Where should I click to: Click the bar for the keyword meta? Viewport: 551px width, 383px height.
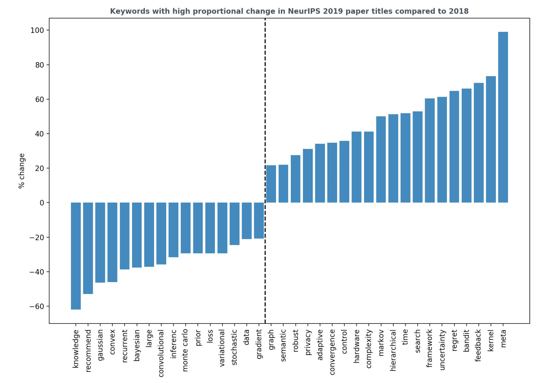(503, 117)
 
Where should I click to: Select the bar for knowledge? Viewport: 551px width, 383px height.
(76, 256)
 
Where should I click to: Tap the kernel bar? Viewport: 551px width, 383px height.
(491, 139)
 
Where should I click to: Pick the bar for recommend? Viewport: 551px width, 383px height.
(88, 248)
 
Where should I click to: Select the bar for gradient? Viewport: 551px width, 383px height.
(259, 220)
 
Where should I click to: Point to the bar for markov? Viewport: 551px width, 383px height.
(381, 159)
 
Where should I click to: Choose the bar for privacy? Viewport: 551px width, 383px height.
(308, 176)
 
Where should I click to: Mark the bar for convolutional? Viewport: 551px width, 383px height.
(161, 233)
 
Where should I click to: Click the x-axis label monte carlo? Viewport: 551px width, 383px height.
(185, 350)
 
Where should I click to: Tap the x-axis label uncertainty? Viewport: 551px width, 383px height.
(442, 350)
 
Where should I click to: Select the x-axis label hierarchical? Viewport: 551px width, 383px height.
(393, 350)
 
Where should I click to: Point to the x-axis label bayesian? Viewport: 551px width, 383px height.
(137, 345)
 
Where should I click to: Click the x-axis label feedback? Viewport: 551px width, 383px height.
(479, 345)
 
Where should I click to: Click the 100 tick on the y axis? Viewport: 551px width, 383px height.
(37, 30)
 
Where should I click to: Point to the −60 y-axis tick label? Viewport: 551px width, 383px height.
(37, 306)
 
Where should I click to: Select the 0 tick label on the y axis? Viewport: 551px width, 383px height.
(42, 203)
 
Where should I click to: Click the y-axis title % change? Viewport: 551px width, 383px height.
(21, 171)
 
